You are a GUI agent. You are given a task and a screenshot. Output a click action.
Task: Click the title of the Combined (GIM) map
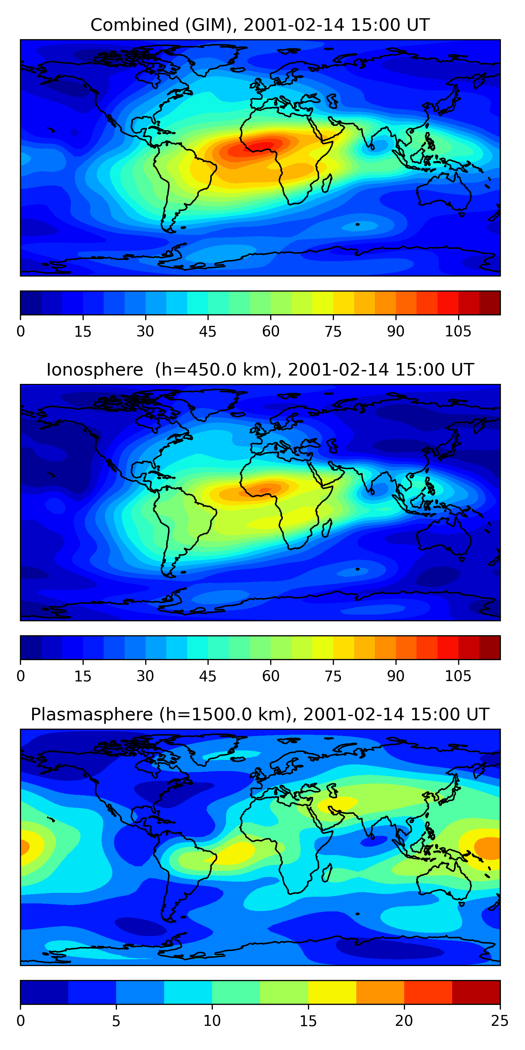coord(260,25)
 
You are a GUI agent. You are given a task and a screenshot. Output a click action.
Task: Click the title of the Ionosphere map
coord(260,370)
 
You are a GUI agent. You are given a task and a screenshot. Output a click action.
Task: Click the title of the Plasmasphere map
coord(260,715)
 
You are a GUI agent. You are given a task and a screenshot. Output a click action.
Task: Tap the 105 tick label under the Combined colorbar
coord(458,331)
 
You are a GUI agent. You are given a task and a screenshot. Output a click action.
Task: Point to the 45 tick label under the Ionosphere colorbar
coord(208,676)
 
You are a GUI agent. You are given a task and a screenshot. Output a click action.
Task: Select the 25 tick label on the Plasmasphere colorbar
coord(500,1021)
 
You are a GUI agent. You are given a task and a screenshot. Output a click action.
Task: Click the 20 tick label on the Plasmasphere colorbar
coord(404,1021)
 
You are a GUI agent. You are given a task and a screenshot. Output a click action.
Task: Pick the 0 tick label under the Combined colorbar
coord(21,331)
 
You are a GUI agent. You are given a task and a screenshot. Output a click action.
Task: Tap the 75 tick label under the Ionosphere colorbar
coord(333,676)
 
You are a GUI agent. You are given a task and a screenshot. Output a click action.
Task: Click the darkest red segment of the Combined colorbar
coord(490,303)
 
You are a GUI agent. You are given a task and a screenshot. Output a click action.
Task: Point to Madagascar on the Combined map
coord(327,183)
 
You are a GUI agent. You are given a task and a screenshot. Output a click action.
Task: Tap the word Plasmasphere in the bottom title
coord(92,715)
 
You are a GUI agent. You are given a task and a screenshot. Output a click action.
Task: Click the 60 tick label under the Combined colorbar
coord(271,331)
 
